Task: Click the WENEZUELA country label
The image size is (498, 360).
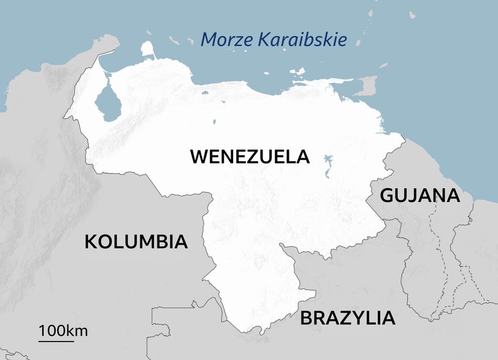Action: pyautogui.click(x=250, y=156)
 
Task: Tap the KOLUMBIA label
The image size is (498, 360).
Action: pyautogui.click(x=136, y=241)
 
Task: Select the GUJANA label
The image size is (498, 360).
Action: pyautogui.click(x=419, y=196)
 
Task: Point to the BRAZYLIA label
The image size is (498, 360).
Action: pyautogui.click(x=347, y=318)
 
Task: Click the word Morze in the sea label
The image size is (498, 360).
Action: pyautogui.click(x=226, y=40)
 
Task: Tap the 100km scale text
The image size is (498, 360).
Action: pyautogui.click(x=63, y=331)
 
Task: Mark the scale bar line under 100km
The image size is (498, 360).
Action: pyautogui.click(x=56, y=340)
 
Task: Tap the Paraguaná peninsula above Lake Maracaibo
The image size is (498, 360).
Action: pyautogui.click(x=148, y=49)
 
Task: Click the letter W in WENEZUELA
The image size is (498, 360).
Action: pyautogui.click(x=199, y=156)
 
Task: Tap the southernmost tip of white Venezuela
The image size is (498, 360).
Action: pyautogui.click(x=262, y=334)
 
